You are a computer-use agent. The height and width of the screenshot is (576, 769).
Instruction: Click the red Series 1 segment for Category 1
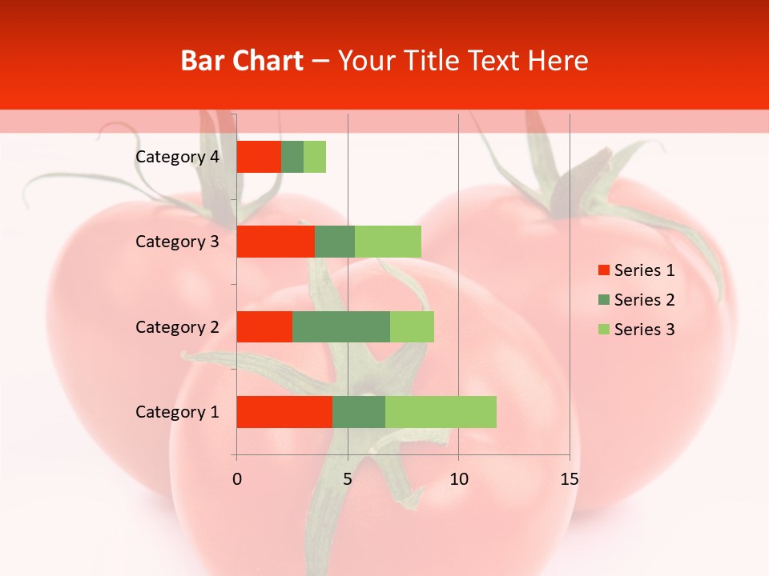(x=284, y=412)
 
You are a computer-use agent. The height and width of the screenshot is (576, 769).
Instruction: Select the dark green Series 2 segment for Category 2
(x=341, y=326)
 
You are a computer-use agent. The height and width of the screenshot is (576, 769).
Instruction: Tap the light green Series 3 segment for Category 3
(x=388, y=242)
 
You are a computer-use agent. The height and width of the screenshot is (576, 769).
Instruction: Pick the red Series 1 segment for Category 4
(x=259, y=157)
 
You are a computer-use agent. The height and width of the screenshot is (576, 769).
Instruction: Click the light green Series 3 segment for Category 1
(x=441, y=412)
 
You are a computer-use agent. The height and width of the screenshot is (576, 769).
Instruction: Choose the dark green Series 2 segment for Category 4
(x=292, y=157)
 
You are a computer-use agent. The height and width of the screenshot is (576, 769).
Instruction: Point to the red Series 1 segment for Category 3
(x=276, y=242)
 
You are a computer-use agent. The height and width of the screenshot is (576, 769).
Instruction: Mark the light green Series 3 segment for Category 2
(x=412, y=326)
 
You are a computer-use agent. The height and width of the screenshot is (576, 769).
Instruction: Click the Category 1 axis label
(x=177, y=412)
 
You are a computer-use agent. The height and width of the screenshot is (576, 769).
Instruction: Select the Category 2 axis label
(x=177, y=327)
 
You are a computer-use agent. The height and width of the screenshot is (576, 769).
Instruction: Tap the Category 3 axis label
(x=177, y=242)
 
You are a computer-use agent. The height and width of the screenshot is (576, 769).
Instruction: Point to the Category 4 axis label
(x=177, y=157)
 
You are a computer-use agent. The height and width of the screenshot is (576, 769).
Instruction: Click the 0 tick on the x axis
(x=237, y=479)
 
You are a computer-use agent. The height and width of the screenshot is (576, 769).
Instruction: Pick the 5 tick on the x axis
(x=348, y=479)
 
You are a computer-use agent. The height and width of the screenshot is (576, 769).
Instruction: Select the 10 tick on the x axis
(x=458, y=479)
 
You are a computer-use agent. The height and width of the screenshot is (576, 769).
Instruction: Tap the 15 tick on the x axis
(x=569, y=479)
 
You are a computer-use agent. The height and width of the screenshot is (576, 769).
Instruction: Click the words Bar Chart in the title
(x=242, y=61)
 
